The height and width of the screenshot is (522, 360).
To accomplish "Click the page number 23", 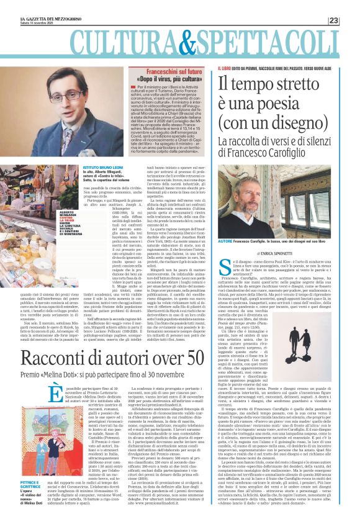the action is point(351,20).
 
